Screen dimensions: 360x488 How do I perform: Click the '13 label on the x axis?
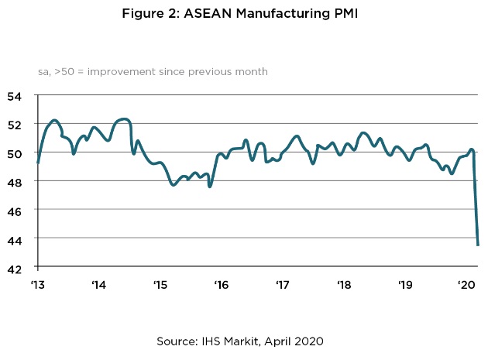37,284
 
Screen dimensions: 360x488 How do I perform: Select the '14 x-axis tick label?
98,284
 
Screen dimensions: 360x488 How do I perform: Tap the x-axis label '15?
160,284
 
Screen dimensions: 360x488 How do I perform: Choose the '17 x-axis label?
282,284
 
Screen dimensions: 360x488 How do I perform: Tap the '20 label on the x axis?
466,284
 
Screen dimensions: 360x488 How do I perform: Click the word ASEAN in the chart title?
208,13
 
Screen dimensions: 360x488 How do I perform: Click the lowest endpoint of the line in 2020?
478,245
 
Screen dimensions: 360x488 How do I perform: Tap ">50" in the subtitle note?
63,71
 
